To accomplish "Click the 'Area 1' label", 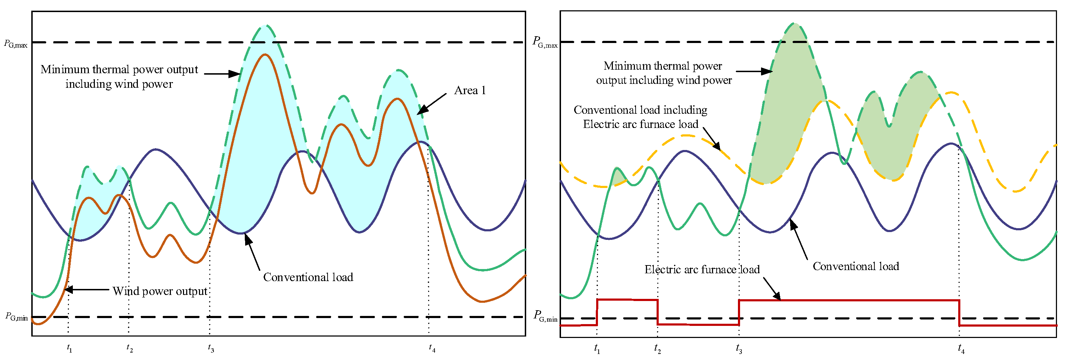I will point(469,90).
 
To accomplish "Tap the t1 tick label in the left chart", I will point(69,348).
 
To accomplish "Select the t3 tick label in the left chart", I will point(211,348).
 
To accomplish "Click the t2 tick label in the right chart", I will point(658,349).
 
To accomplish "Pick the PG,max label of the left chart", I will point(16,44).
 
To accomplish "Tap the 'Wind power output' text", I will point(160,291).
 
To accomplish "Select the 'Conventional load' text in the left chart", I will point(308,277).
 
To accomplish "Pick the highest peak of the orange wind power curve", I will point(265,55).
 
